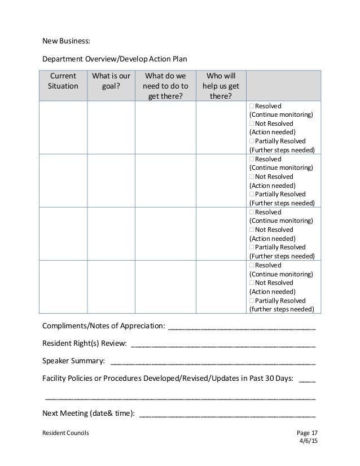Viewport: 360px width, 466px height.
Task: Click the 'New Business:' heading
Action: point(66,41)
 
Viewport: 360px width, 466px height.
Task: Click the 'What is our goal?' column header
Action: point(111,81)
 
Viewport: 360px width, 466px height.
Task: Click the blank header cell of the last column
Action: point(283,86)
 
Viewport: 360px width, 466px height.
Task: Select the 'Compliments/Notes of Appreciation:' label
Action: point(104,326)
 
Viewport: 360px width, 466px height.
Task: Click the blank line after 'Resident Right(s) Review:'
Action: point(223,344)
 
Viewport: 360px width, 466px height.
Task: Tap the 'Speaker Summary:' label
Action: point(73,361)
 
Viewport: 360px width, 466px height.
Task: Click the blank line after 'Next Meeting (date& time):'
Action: point(227,413)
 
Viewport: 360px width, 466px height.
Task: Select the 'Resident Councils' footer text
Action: point(65,433)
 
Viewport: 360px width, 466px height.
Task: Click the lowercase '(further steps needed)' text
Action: point(282,309)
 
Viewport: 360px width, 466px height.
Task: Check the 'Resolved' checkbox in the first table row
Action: point(251,105)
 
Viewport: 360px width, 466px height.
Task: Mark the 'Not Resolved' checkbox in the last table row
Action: point(251,282)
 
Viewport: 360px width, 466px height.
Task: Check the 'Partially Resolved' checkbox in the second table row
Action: point(251,194)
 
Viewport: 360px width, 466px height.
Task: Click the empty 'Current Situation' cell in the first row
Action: point(63,128)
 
